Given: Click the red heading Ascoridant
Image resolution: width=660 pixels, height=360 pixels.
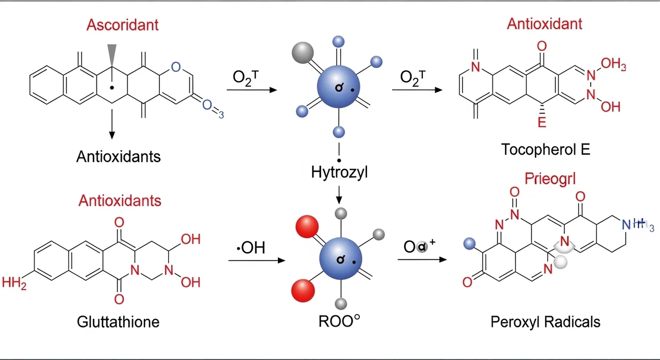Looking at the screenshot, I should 122,24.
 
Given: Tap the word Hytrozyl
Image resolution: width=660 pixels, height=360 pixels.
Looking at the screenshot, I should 339,172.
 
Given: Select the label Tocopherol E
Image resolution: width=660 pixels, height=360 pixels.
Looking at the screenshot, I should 545,150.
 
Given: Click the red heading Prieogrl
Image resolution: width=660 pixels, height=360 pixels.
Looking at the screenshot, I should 550,179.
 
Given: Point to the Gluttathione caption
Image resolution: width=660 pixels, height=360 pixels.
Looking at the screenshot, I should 118,322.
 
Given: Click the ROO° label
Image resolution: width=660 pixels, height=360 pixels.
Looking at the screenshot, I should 338,321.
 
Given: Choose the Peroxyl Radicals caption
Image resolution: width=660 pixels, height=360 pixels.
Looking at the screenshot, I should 545,322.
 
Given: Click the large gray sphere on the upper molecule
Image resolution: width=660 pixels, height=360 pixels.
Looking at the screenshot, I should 303,52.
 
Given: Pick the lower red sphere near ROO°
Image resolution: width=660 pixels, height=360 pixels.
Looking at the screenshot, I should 302,289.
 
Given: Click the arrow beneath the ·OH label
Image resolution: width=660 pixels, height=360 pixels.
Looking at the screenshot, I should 256,260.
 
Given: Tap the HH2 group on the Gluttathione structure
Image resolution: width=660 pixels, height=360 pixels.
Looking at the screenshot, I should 14,282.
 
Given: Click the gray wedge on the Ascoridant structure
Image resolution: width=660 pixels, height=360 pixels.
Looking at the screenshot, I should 112,54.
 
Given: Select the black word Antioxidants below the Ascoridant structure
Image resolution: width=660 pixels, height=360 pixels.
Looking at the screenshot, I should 118,156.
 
